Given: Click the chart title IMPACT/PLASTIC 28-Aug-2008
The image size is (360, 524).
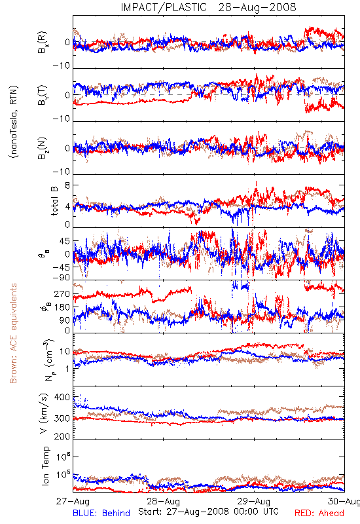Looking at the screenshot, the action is tap(208, 7).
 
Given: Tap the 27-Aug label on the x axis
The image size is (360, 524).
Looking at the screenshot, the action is tap(73, 501).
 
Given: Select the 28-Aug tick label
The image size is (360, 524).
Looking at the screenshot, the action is tap(163, 501).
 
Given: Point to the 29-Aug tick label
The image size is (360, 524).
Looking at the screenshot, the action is tap(254, 501).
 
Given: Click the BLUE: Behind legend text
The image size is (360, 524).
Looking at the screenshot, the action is tap(101, 513).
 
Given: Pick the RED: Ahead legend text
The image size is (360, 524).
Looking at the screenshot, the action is tap(319, 513).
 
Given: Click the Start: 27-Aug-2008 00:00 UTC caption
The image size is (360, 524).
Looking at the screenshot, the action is tap(208, 512).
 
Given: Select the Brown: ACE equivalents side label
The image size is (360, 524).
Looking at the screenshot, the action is tap(13, 333).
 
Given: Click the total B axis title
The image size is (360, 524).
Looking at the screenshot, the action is tap(54, 201).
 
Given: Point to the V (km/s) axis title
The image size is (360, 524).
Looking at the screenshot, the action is tap(44, 413).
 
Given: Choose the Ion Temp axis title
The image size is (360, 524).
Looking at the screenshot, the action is tap(45, 466).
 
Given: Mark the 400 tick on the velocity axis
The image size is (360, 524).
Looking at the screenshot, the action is tap(62, 398).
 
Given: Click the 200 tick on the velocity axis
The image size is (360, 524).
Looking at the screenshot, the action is tap(62, 436).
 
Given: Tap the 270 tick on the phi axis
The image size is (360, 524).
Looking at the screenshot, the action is tap(62, 294).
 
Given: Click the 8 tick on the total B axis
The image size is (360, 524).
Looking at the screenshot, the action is tap(67, 185).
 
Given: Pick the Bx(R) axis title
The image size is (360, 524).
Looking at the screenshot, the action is tap(43, 43).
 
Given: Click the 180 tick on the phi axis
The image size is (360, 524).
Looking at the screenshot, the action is tap(62, 307).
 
